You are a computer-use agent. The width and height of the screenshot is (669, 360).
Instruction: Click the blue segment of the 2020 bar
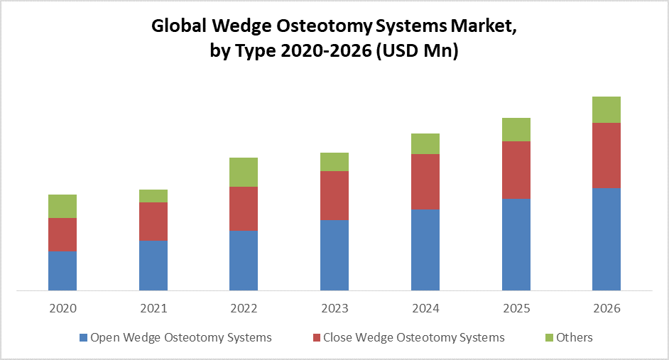pos(62,271)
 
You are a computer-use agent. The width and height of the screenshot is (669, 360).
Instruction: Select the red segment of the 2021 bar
pos(153,222)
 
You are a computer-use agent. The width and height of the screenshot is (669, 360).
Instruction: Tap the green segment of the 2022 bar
pos(244,172)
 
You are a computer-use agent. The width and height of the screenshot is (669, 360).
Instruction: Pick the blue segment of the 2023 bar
pos(334,255)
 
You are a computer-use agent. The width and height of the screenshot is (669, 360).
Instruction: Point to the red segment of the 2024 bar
pos(425,182)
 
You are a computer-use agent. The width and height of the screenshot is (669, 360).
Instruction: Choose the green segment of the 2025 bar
pos(516,129)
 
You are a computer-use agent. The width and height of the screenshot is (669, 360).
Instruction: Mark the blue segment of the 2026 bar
pos(607,239)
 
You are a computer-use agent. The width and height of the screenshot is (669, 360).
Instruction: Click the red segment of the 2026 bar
pos(607,156)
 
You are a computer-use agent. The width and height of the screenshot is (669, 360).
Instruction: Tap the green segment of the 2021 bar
pos(153,196)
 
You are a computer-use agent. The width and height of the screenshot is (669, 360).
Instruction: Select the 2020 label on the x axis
pos(62,309)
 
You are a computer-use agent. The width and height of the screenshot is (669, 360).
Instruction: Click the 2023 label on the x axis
pos(334,309)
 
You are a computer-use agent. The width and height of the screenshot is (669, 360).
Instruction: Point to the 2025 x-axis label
pos(516,309)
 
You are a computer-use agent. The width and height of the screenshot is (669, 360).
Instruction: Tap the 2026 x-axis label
pos(607,309)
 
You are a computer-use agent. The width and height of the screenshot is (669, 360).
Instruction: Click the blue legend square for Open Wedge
pos(83,337)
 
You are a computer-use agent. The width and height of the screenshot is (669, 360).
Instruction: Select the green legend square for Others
pos(548,337)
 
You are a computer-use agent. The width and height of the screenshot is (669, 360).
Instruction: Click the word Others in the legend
pos(574,337)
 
